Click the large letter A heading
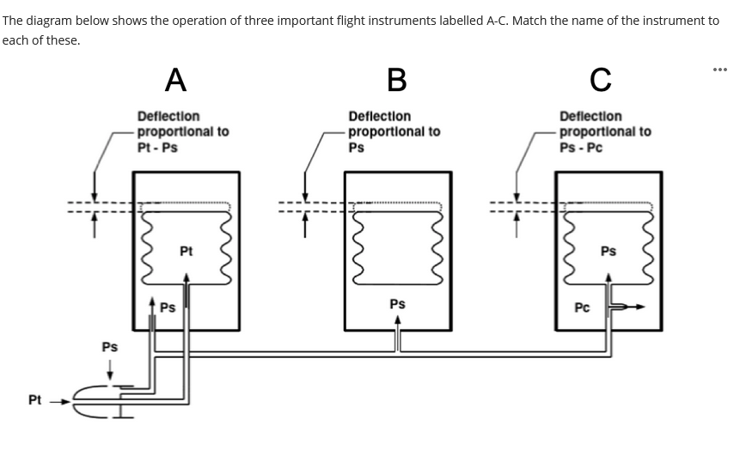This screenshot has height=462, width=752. coord(175,79)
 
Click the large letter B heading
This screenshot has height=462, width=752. coord(396,79)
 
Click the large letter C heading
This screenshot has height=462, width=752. coord(601,79)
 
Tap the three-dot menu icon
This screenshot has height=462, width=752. coord(719,70)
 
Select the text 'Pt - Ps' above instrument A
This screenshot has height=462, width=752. coord(157,147)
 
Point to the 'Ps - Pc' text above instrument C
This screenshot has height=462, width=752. coord(581,147)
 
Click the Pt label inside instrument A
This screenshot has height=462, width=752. coord(186,252)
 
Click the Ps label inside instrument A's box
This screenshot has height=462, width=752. coord(168,307)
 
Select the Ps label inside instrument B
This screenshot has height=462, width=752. coord(397,304)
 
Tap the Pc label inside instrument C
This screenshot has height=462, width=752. coord(582,307)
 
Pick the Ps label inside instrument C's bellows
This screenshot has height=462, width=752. coord(608,252)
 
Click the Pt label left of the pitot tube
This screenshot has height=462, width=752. coord(34,400)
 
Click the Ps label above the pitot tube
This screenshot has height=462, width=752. coord(110,347)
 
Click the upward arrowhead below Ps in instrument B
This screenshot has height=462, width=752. coord(397,319)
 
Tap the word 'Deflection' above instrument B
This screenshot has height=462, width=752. coord(379,116)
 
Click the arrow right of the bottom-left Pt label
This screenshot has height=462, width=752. coord(58,400)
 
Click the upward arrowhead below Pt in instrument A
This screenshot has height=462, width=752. coord(186,277)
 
